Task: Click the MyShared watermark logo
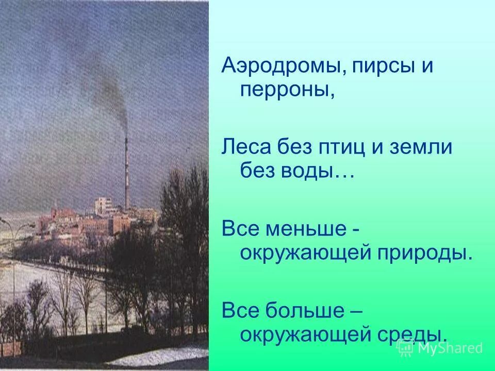point(440,348)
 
